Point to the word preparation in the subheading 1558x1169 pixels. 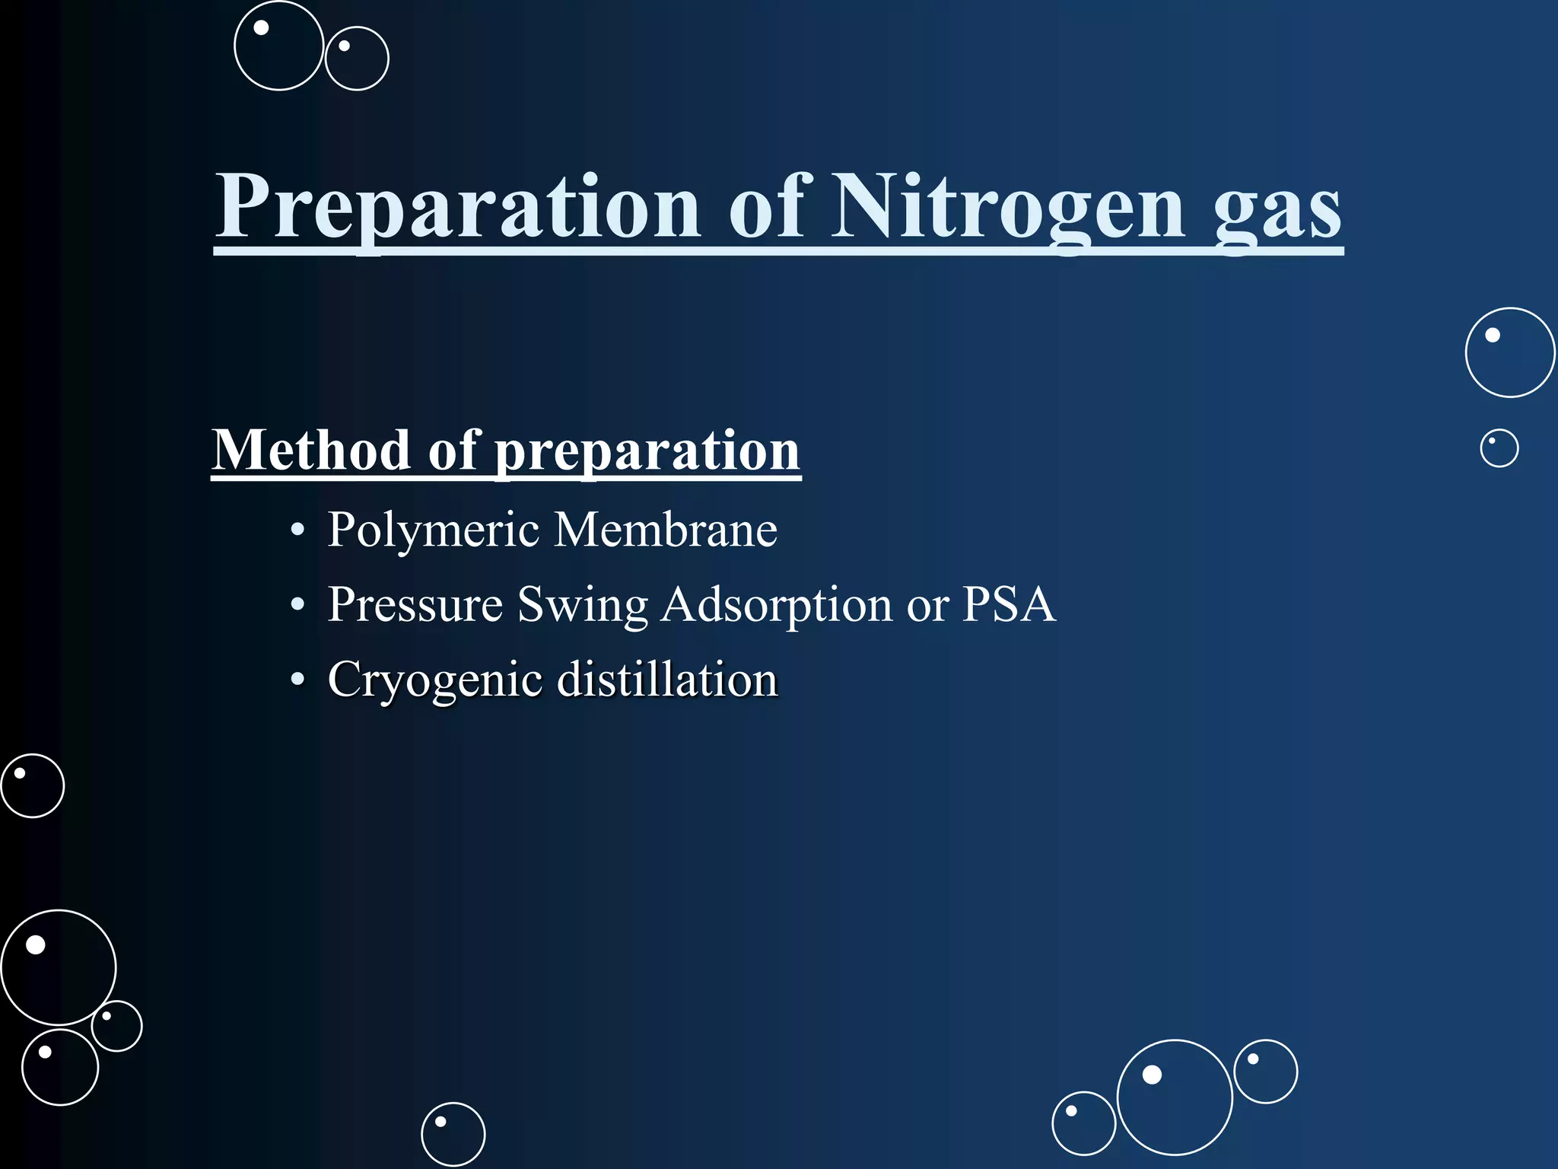point(647,453)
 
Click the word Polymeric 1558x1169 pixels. point(433,530)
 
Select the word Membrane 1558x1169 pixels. point(665,529)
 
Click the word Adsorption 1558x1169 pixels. point(776,605)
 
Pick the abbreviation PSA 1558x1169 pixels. point(1009,604)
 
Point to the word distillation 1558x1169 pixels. point(667,679)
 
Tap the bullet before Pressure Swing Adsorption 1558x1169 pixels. point(297,605)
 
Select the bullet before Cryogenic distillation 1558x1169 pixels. point(297,680)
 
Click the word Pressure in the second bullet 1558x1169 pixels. point(415,605)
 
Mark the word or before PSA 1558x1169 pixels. point(927,607)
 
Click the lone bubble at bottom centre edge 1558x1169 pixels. point(453,1134)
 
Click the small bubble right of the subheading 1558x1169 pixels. point(1499,448)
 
